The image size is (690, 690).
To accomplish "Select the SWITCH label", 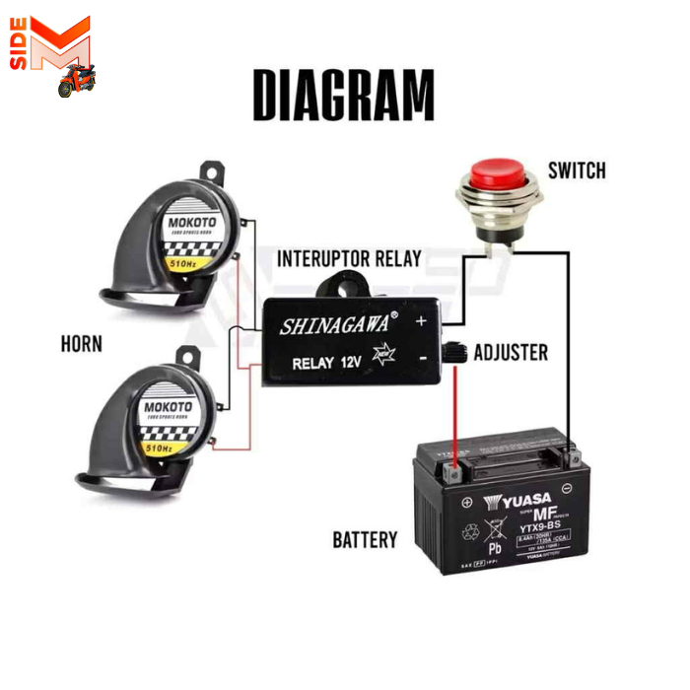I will pos(576,172).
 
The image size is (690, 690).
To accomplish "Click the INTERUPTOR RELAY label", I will pos(349,259).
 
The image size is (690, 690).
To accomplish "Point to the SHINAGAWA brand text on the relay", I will pos(332,322).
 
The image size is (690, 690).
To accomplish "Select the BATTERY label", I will pos(365,539).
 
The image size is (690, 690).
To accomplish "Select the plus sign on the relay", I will pos(421,321).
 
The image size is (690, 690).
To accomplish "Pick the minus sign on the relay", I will pos(422,361).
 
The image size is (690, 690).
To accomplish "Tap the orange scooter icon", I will pos(72,83).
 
